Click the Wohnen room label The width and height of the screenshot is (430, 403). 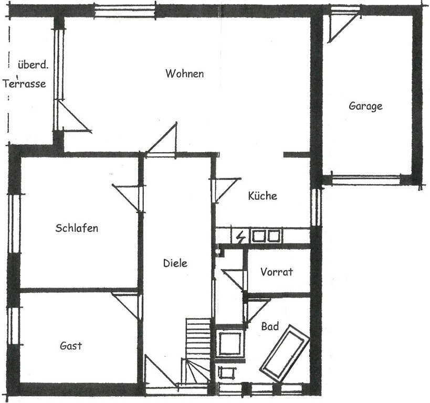coord(185,73)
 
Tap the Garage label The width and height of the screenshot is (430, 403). coord(365,106)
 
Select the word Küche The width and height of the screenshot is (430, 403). coord(263,196)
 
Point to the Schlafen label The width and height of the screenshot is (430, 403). coord(77,228)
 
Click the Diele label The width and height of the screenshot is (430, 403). coord(175,263)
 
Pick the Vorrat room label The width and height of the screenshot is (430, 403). coord(277,272)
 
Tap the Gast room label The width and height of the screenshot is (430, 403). coord(71,346)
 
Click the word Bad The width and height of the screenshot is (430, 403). coord(270,326)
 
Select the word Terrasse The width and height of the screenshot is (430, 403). coord(24,83)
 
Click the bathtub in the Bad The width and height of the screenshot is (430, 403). coord(285,354)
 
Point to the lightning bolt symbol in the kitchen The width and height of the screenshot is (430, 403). coord(240,237)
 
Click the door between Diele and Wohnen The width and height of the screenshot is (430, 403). coord(162,140)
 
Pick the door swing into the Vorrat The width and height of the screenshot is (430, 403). coord(233,280)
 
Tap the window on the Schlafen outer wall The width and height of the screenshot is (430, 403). coord(14,224)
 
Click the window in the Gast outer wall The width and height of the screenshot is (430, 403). coord(14,326)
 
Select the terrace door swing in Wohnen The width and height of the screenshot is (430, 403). coord(73,115)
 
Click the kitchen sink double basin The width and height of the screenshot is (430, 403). coord(266,236)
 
